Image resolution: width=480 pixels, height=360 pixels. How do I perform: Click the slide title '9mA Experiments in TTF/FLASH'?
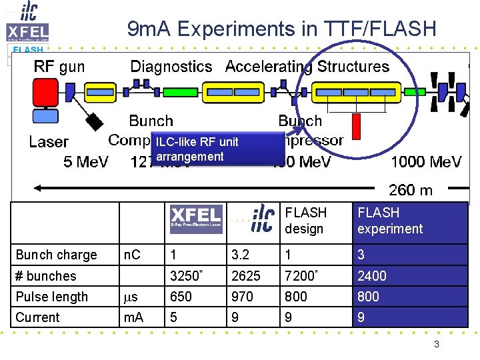point(281,29)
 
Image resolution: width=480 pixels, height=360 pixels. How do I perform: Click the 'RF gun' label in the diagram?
point(59,67)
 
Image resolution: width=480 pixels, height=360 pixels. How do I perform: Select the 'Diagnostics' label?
point(171,67)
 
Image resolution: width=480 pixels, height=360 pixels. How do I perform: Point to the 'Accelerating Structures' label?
point(307,67)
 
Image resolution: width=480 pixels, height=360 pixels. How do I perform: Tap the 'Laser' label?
point(49,142)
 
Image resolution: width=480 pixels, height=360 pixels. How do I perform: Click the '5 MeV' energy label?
point(86,162)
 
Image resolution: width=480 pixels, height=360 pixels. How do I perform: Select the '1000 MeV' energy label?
point(426,162)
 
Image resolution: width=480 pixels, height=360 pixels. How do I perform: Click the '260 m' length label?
point(411,190)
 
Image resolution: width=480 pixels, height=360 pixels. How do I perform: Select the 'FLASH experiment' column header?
point(390,221)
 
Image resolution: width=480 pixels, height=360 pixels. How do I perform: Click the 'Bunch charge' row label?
point(57,255)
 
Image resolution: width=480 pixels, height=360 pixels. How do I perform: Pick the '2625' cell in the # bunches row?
point(245,276)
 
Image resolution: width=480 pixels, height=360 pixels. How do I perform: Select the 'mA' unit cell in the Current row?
point(134,317)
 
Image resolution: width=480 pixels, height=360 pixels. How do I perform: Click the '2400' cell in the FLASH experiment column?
point(372,276)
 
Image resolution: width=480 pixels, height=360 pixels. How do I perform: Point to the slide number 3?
point(436,344)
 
